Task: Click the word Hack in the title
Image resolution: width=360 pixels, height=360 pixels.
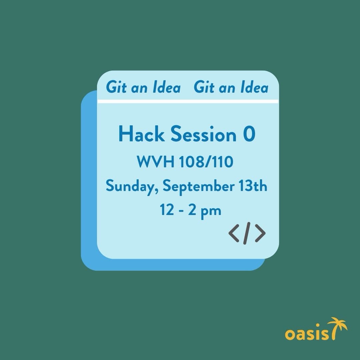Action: coord(141,134)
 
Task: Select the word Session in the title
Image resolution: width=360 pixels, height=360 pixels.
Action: coord(203,134)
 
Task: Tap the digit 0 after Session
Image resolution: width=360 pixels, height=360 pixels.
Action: coord(249,134)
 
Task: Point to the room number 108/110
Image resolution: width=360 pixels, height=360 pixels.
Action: coord(206,162)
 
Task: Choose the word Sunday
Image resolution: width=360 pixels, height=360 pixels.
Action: coord(132,186)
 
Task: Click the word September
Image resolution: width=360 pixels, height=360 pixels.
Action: coord(199,186)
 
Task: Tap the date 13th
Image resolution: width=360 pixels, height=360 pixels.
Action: coord(253,186)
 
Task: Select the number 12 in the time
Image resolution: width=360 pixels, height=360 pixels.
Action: coord(167,210)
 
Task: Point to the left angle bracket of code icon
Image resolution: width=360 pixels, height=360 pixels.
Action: coord(234,233)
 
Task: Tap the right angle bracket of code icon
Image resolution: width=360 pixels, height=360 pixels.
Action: coord(260,233)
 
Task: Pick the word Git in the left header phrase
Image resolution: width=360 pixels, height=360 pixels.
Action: coord(116,87)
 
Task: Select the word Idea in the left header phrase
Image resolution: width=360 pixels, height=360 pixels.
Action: coord(166,87)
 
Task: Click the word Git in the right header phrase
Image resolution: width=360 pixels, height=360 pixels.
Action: coord(204,87)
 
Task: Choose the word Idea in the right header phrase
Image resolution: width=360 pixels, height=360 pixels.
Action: coord(254,87)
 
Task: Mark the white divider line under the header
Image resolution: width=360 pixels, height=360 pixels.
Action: coord(188,101)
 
